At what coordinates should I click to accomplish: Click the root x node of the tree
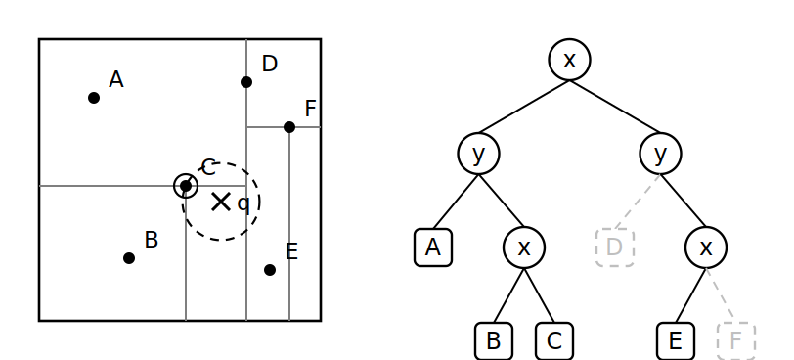(x=569, y=60)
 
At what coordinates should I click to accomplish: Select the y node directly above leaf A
(x=478, y=154)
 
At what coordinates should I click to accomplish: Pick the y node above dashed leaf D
(x=660, y=154)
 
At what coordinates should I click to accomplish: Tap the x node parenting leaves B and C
(x=524, y=247)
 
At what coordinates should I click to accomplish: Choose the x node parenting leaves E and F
(x=706, y=247)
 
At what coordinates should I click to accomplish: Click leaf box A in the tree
(x=433, y=247)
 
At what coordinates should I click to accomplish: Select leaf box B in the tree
(x=494, y=340)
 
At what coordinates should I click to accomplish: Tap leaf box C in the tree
(x=554, y=340)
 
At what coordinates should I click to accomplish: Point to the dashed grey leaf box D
(x=615, y=247)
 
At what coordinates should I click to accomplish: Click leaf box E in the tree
(x=676, y=340)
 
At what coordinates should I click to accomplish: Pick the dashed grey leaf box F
(x=736, y=340)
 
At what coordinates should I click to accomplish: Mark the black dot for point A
(x=94, y=98)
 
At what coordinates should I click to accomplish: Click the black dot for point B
(x=129, y=258)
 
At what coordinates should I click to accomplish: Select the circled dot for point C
(x=186, y=186)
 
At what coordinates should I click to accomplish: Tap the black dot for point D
(x=246, y=82)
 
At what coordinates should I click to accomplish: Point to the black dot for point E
(x=270, y=270)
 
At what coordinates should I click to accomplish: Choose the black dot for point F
(x=289, y=127)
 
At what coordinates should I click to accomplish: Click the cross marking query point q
(x=221, y=202)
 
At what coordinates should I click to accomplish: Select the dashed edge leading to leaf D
(x=637, y=202)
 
